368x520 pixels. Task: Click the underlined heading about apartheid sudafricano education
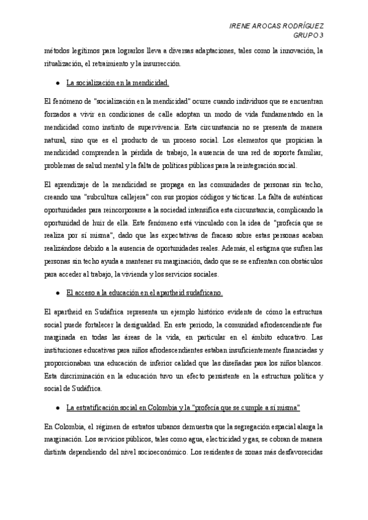click(145, 293)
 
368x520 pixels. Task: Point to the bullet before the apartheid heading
click(57, 293)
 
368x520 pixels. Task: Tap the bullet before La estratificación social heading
click(57, 407)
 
